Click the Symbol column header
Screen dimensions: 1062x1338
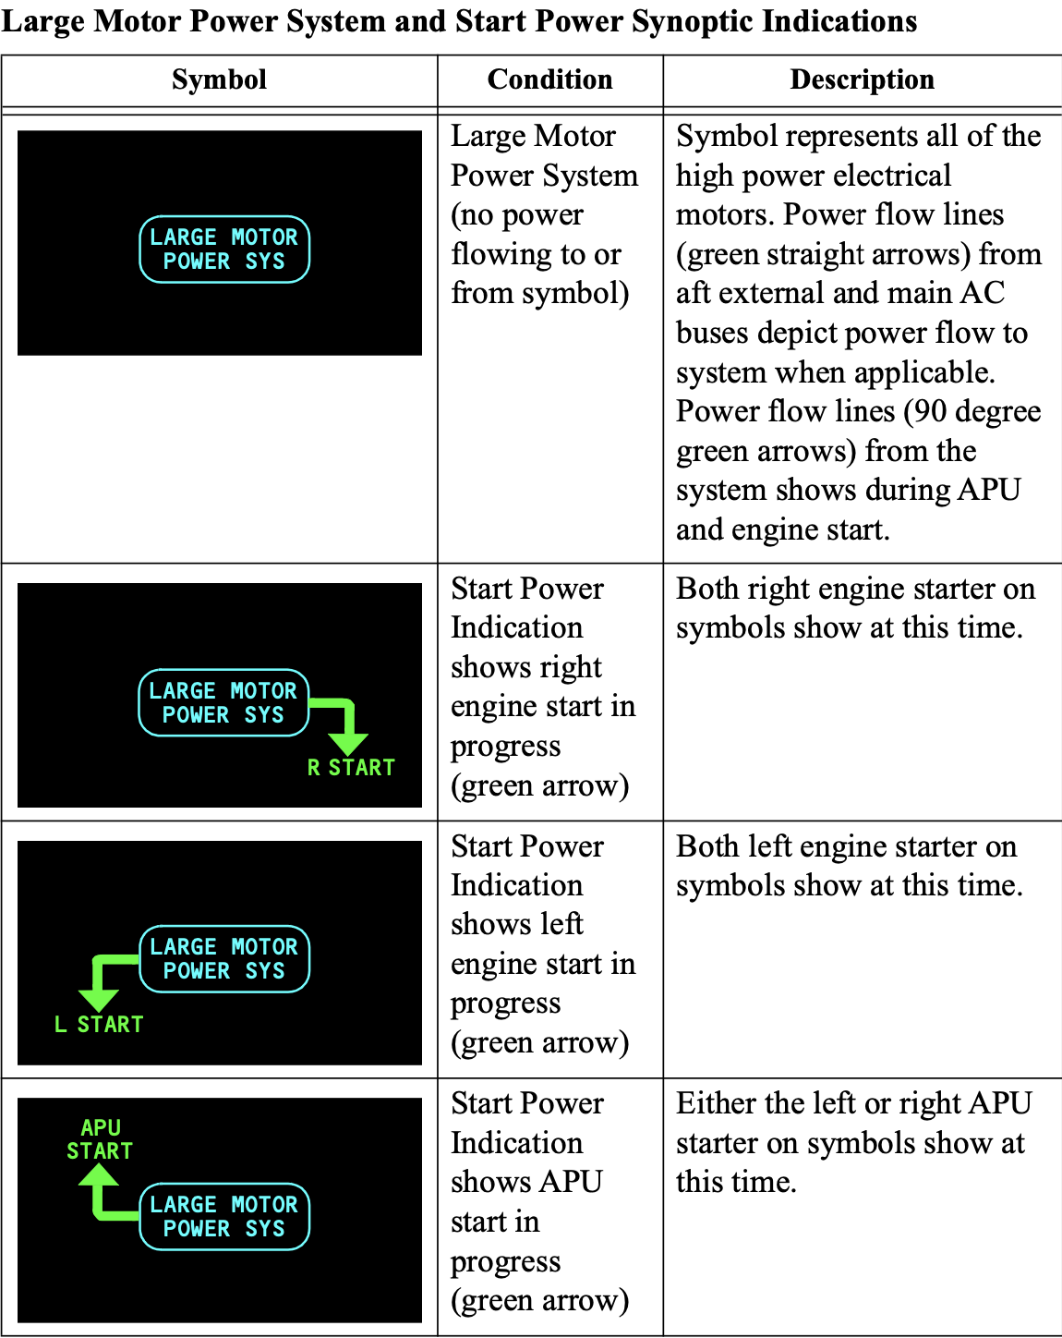point(219,80)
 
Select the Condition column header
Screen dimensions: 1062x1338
point(549,80)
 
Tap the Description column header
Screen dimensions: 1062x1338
point(862,80)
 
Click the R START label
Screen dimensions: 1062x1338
point(351,768)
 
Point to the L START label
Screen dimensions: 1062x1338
point(99,1025)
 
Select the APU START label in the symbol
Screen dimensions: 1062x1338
point(100,1139)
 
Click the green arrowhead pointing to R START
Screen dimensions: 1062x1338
point(348,741)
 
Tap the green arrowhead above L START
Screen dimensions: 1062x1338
point(98,998)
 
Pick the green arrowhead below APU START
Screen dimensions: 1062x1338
point(99,1176)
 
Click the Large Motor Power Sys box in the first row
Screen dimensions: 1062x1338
point(224,249)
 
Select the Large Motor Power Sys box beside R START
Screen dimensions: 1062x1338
point(223,703)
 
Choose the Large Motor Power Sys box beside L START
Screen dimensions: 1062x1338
point(224,959)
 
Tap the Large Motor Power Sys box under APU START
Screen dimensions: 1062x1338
point(224,1216)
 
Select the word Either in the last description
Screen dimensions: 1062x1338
point(717,1103)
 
